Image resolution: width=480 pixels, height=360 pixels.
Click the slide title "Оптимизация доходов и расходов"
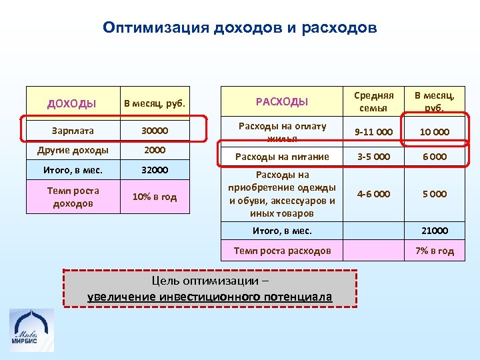pyautogui.click(x=240, y=29)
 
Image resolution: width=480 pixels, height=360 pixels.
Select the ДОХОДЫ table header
pyautogui.click(x=72, y=103)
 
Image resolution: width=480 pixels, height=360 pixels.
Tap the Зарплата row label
pyautogui.click(x=73, y=131)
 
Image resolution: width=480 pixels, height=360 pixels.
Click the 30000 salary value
pyautogui.click(x=155, y=131)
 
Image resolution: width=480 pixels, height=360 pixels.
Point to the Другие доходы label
pyautogui.click(x=73, y=151)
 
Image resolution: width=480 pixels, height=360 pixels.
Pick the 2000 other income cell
pyautogui.click(x=155, y=151)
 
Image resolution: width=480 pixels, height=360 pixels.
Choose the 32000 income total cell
pyautogui.click(x=155, y=170)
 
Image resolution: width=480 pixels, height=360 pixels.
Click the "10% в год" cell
pyautogui.click(x=155, y=197)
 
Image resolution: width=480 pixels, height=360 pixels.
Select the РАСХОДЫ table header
pyautogui.click(x=282, y=101)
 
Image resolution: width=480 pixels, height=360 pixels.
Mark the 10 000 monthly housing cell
pyautogui.click(x=433, y=132)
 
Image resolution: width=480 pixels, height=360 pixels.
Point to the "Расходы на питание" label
pyautogui.click(x=281, y=157)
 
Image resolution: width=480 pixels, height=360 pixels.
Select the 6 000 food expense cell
pyautogui.click(x=433, y=157)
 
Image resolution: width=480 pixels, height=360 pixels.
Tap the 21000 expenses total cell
pyautogui.click(x=434, y=231)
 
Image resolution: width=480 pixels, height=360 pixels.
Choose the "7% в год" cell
pyautogui.click(x=434, y=251)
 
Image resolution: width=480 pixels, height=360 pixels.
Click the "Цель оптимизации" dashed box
pyautogui.click(x=210, y=288)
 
